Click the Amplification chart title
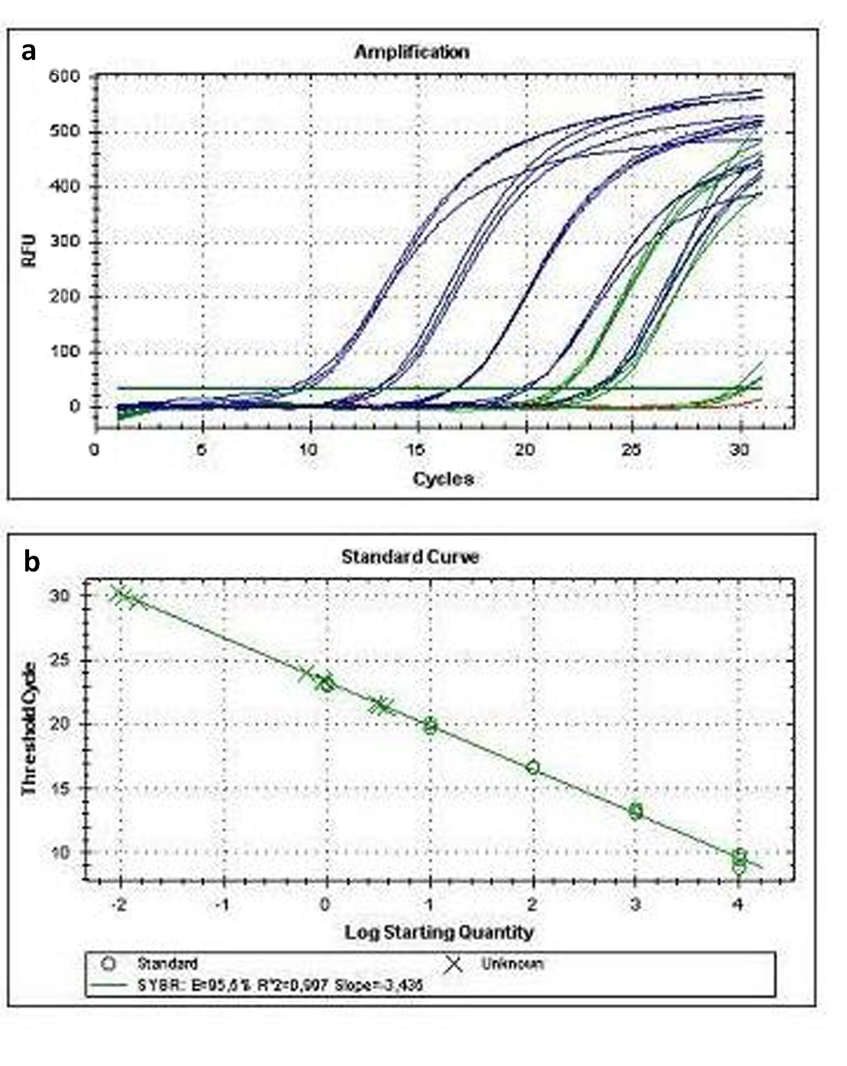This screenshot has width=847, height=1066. click(411, 52)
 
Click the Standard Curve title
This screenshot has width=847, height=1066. click(410, 557)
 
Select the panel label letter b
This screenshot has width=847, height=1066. click(32, 561)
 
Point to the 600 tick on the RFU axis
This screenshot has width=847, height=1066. click(64, 76)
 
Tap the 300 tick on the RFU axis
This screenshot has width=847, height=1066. click(64, 242)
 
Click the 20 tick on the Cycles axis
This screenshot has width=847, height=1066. click(525, 450)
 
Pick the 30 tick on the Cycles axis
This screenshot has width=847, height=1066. click(740, 450)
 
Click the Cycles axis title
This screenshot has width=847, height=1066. click(443, 479)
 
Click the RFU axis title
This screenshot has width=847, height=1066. click(29, 251)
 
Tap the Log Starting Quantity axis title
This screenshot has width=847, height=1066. click(439, 932)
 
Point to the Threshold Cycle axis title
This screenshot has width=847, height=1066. click(29, 729)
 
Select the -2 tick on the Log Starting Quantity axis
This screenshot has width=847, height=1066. click(119, 904)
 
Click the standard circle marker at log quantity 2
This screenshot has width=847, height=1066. click(532, 767)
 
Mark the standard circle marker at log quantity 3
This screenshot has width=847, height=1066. click(636, 811)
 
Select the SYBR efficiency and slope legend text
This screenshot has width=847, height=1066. click(280, 985)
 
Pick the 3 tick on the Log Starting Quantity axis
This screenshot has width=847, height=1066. click(636, 904)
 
